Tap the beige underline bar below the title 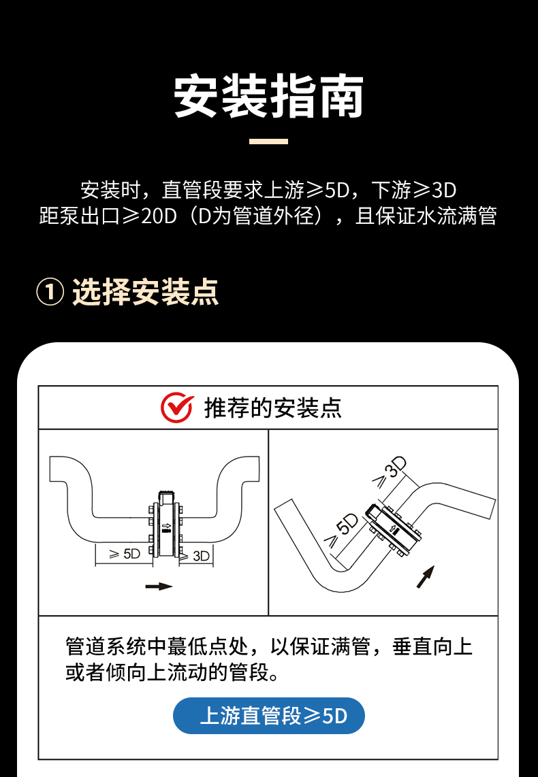[268, 142]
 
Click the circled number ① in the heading [50, 293]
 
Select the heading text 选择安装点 [145, 293]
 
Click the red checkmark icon [177, 407]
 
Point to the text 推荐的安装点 [273, 408]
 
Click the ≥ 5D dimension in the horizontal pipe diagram [125, 554]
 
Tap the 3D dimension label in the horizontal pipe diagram [201, 556]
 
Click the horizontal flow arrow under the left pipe [159, 586]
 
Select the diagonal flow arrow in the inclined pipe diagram [426, 577]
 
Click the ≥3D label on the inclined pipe [390, 472]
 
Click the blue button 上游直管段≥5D [269, 716]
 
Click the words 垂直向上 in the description [432, 646]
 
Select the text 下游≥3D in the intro [413, 190]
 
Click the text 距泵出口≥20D [108, 216]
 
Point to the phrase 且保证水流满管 [426, 216]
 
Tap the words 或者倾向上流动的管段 [167, 672]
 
